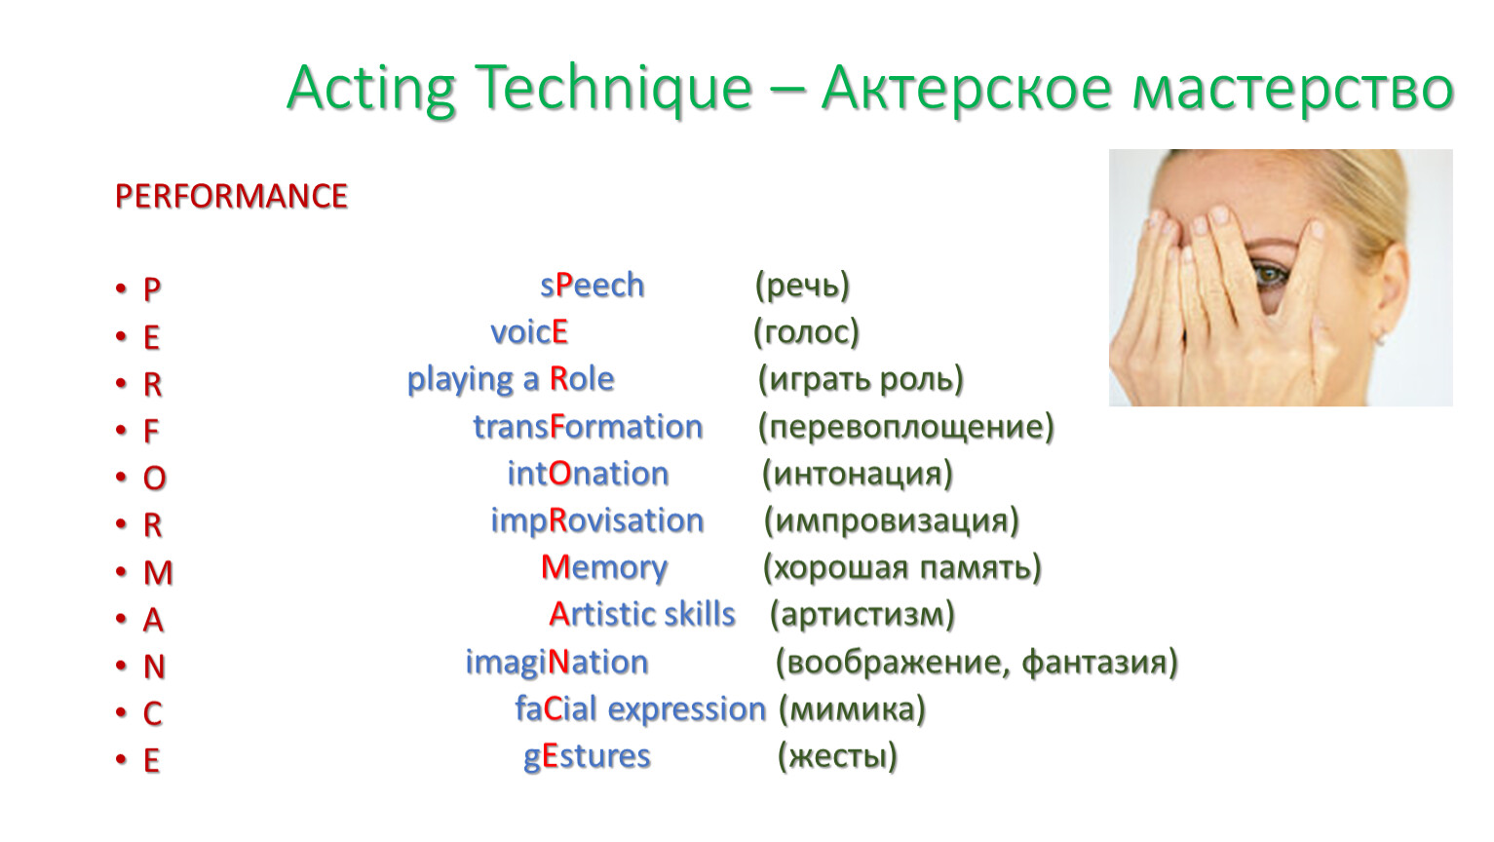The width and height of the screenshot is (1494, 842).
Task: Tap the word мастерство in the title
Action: tap(1293, 89)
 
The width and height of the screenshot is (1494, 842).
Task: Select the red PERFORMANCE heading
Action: tap(231, 196)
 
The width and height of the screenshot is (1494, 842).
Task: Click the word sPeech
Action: tap(593, 287)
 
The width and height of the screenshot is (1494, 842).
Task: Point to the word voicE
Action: tap(529, 331)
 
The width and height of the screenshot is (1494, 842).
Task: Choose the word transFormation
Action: tap(589, 426)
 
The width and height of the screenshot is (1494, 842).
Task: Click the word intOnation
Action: tap(589, 474)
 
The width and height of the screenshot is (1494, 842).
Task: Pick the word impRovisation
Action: tap(597, 521)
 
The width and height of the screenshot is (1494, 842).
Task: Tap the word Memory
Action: tap(604, 568)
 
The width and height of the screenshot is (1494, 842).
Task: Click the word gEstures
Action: tap(587, 757)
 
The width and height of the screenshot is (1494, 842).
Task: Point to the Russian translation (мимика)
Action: tap(853, 709)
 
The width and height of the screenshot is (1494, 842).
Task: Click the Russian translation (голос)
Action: tap(806, 332)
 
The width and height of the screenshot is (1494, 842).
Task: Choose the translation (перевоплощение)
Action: tap(906, 427)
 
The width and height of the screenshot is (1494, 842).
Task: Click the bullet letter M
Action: tap(158, 573)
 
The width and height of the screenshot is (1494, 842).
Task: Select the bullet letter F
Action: tap(151, 432)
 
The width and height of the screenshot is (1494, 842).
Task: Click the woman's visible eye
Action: tap(1273, 274)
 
